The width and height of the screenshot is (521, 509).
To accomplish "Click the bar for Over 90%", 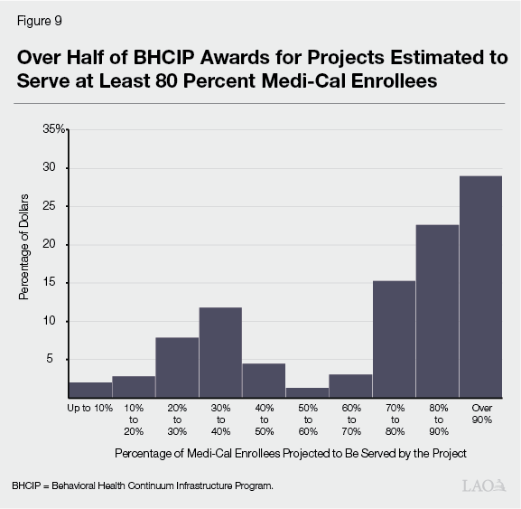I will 480,287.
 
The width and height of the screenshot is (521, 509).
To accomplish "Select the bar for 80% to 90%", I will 437,311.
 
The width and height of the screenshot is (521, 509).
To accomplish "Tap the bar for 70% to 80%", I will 394,339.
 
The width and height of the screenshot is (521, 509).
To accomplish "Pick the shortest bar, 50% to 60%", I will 307,392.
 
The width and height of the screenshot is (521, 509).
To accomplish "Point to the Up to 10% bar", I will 90,390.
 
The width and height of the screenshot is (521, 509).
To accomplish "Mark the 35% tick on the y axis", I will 54,129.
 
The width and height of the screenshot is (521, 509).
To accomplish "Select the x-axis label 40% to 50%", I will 264,418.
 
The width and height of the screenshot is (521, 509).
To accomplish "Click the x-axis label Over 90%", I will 480,413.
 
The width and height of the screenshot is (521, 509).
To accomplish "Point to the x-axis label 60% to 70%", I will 350,418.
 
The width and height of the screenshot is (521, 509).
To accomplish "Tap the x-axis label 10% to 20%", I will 134,418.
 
